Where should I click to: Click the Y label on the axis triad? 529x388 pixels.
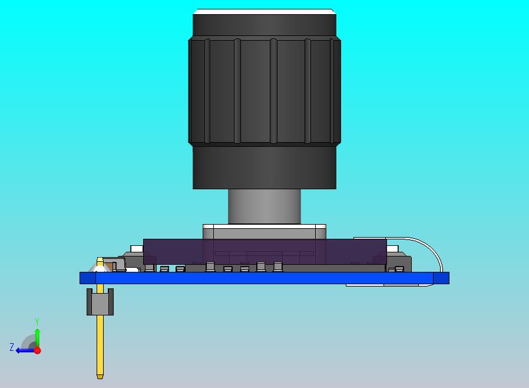pyautogui.click(x=37, y=322)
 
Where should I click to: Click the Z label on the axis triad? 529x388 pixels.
pyautogui.click(x=11, y=347)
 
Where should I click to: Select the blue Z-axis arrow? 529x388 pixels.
pyautogui.click(x=24, y=350)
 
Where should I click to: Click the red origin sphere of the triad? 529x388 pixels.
pyautogui.click(x=37, y=350)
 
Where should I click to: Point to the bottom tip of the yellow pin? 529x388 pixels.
pyautogui.click(x=100, y=376)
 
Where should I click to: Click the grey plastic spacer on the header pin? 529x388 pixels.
pyautogui.click(x=100, y=302)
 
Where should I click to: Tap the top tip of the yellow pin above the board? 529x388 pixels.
pyautogui.click(x=100, y=260)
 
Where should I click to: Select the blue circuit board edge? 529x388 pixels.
pyautogui.click(x=265, y=278)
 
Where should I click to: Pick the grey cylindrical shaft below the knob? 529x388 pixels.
pyautogui.click(x=264, y=206)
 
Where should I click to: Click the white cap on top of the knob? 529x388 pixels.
pyautogui.click(x=264, y=11)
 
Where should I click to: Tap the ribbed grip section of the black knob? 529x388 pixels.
pyautogui.click(x=264, y=91)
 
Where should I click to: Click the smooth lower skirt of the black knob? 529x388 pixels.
pyautogui.click(x=264, y=168)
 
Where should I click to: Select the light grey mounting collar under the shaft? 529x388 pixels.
pyautogui.click(x=264, y=231)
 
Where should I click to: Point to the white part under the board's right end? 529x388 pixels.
pyautogui.click(x=383, y=285)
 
